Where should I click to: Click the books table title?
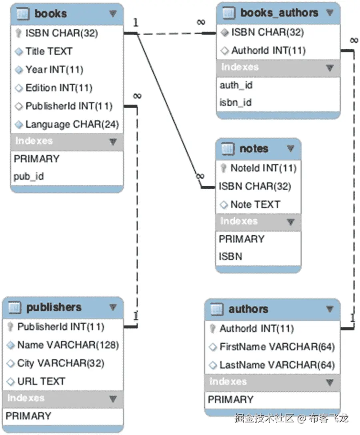[x=50, y=14]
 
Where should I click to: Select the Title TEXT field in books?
[x=49, y=51]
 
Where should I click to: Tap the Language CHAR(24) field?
[x=72, y=124]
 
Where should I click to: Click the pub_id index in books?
[x=29, y=176]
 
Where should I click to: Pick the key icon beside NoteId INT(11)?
[x=224, y=168]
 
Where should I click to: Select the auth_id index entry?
[x=236, y=85]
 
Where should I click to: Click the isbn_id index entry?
[x=235, y=103]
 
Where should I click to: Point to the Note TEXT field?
[x=255, y=204]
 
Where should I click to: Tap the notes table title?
[x=254, y=149]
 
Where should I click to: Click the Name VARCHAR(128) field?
[x=68, y=345]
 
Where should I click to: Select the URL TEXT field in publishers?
[x=41, y=381]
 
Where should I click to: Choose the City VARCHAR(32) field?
[x=60, y=363]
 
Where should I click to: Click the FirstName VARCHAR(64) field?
[x=277, y=347]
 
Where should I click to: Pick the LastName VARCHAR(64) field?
[x=277, y=365]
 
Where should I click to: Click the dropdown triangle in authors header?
[x=330, y=309]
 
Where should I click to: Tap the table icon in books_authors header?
[x=228, y=13]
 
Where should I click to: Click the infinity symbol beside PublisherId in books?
[x=137, y=96]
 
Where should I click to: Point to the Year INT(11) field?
[x=54, y=70]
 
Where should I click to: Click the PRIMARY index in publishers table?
[x=28, y=416]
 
